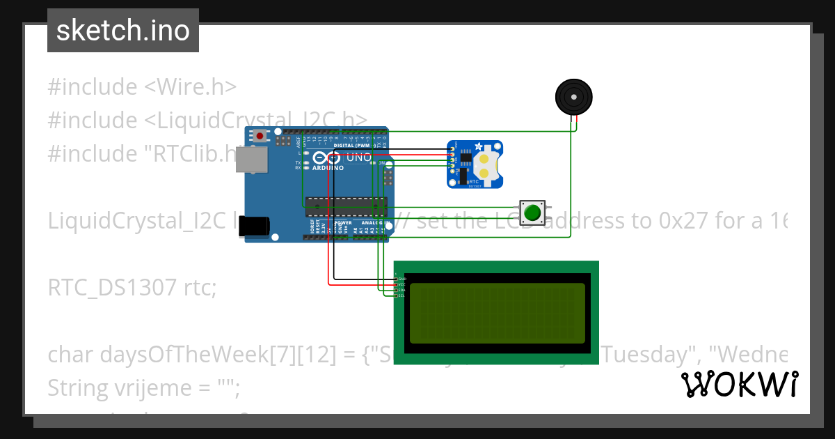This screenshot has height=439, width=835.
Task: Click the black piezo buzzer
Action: tap(573, 96)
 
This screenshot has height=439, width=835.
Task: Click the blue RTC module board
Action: tap(475, 164)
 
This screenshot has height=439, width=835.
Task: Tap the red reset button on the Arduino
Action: tap(260, 136)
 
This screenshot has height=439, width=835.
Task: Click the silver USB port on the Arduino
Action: tap(251, 160)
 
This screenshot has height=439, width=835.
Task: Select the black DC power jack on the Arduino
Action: tap(252, 226)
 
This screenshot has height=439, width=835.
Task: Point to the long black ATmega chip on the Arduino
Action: tap(346, 206)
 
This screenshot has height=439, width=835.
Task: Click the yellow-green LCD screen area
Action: tap(497, 313)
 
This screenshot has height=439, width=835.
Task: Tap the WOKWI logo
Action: tap(739, 384)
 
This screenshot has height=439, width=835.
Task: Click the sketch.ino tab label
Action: tap(123, 31)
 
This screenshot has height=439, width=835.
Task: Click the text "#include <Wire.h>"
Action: tap(142, 87)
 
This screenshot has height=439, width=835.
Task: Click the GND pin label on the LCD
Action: tap(401, 279)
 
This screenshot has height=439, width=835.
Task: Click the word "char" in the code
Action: tap(70, 355)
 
